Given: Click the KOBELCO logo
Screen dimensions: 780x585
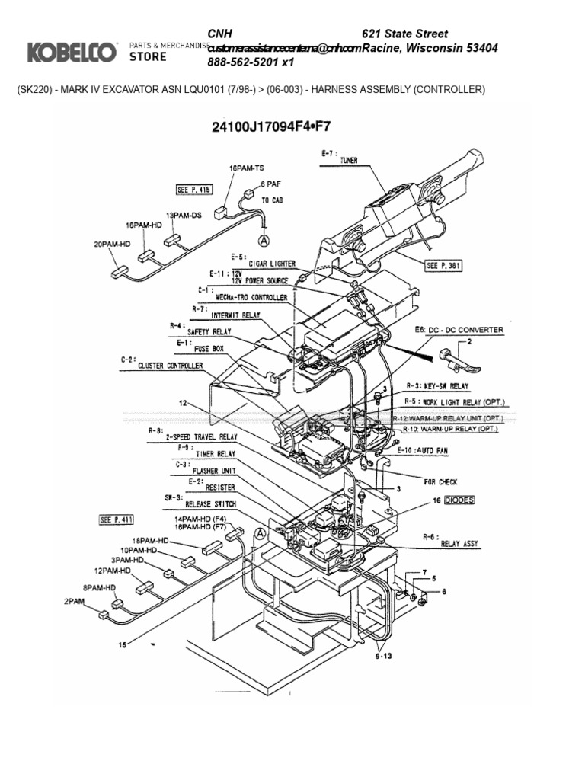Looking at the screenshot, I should [x=72, y=52].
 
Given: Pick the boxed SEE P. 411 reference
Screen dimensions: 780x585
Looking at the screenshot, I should [x=117, y=519].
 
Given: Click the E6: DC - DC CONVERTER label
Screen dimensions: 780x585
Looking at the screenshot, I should [x=459, y=330].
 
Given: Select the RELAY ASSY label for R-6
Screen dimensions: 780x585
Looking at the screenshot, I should [x=461, y=545].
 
